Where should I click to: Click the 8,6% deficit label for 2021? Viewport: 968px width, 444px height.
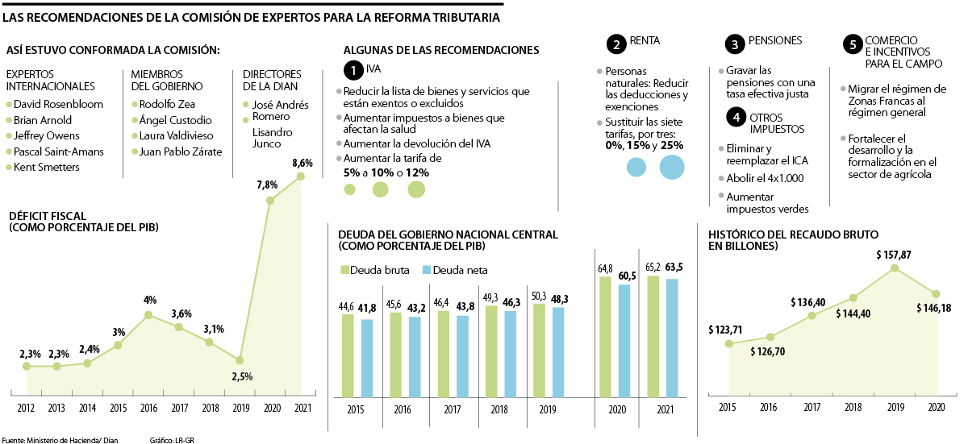tap(302, 162)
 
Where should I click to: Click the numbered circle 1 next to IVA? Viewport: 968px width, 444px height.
tap(353, 70)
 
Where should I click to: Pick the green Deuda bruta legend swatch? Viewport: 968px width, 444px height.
tap(346, 269)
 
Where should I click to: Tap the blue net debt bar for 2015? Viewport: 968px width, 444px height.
tap(367, 358)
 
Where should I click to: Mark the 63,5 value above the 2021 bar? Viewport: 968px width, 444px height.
tap(674, 267)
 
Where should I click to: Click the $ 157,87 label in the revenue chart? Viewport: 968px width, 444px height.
tap(894, 255)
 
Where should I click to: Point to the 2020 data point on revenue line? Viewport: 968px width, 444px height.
tap(936, 294)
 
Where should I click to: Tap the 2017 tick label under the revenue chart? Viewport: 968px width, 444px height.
tap(812, 409)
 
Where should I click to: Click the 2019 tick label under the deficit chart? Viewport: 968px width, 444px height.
tap(240, 409)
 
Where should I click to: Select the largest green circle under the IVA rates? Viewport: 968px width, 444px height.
tap(416, 189)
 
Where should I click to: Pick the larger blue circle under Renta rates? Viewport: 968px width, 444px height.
tap(672, 167)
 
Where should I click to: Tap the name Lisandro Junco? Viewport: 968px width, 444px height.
tap(266, 138)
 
